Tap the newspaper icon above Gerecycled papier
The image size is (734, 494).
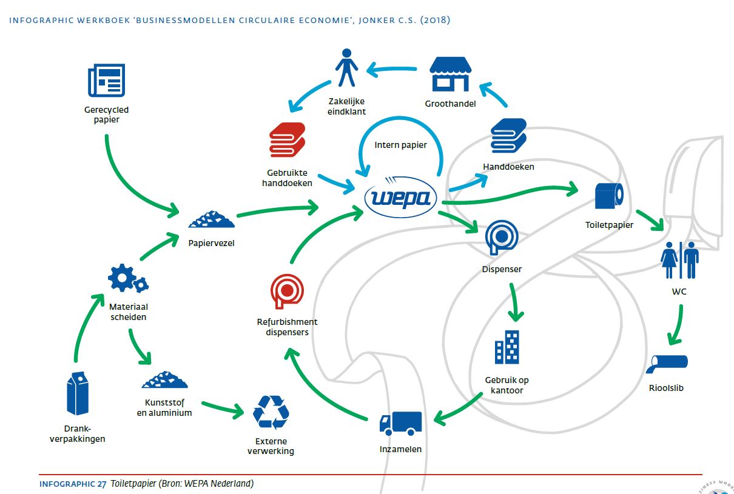click(x=106, y=80)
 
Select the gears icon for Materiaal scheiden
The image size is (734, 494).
click(x=127, y=279)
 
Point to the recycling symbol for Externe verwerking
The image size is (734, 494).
click(x=271, y=412)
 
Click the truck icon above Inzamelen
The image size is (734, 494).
click(x=400, y=422)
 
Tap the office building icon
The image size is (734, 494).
click(x=507, y=348)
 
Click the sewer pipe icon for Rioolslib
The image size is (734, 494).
click(x=667, y=363)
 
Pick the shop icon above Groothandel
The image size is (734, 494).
click(x=450, y=74)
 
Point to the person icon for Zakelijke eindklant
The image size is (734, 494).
click(x=346, y=67)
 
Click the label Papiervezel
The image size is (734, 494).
click(x=211, y=244)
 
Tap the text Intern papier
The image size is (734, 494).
click(x=401, y=145)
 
